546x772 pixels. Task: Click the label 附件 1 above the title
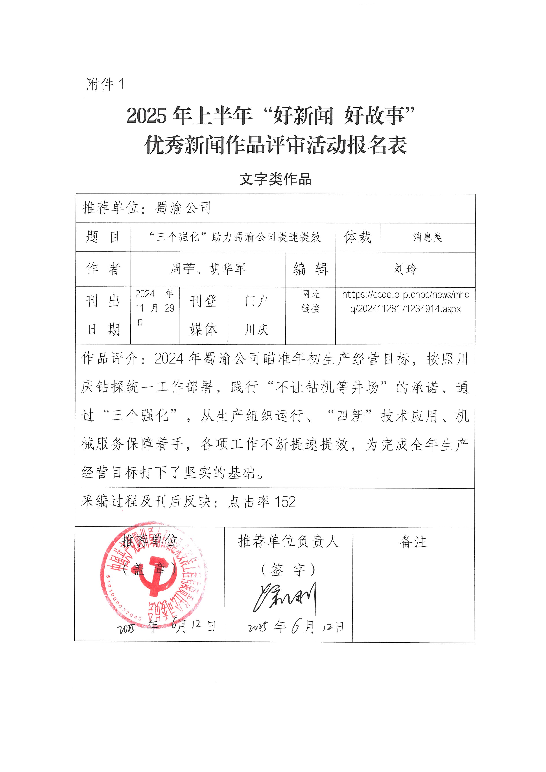(x=105, y=84)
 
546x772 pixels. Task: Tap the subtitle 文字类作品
(x=275, y=179)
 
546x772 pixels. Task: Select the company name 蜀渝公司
(x=183, y=208)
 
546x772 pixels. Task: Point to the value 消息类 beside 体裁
(x=427, y=237)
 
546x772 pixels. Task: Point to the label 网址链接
(x=310, y=301)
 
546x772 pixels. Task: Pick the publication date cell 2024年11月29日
(x=155, y=308)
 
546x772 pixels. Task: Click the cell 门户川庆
(x=256, y=315)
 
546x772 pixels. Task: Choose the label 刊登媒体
(x=203, y=315)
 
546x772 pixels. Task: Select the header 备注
(x=413, y=542)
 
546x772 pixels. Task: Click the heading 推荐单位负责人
(x=288, y=541)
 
